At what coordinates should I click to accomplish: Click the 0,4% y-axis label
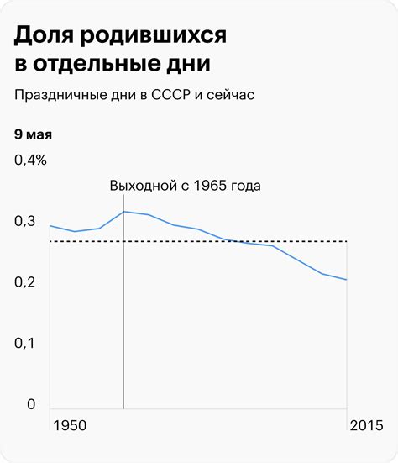[30, 160]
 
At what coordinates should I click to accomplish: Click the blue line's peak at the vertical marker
[123, 212]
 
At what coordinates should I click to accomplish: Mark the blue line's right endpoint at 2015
[347, 280]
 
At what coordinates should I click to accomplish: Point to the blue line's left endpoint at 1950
[50, 225]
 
